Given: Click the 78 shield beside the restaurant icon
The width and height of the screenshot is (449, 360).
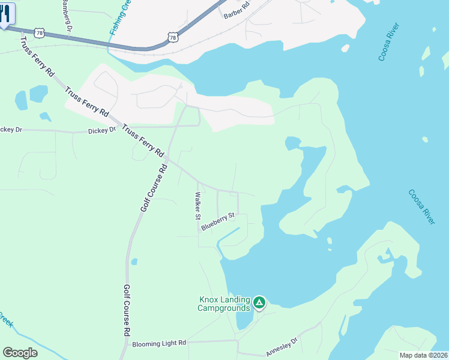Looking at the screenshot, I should (x=39, y=32).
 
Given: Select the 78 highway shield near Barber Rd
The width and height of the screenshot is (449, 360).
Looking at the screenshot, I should (x=173, y=38).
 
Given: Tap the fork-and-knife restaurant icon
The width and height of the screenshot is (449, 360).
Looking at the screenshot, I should (x=5, y=13).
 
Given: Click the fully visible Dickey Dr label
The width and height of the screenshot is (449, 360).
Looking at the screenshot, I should (x=101, y=130).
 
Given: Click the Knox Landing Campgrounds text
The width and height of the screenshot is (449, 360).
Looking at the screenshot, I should (x=224, y=304).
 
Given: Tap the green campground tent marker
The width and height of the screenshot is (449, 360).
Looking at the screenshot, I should (x=259, y=302).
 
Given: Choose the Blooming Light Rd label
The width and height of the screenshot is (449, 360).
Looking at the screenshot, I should (x=159, y=343).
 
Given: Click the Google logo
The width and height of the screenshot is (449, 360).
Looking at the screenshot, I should (x=20, y=353).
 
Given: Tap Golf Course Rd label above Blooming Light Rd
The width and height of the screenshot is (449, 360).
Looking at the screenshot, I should (x=127, y=310).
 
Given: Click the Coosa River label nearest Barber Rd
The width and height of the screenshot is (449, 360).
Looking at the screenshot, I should (x=388, y=41).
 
